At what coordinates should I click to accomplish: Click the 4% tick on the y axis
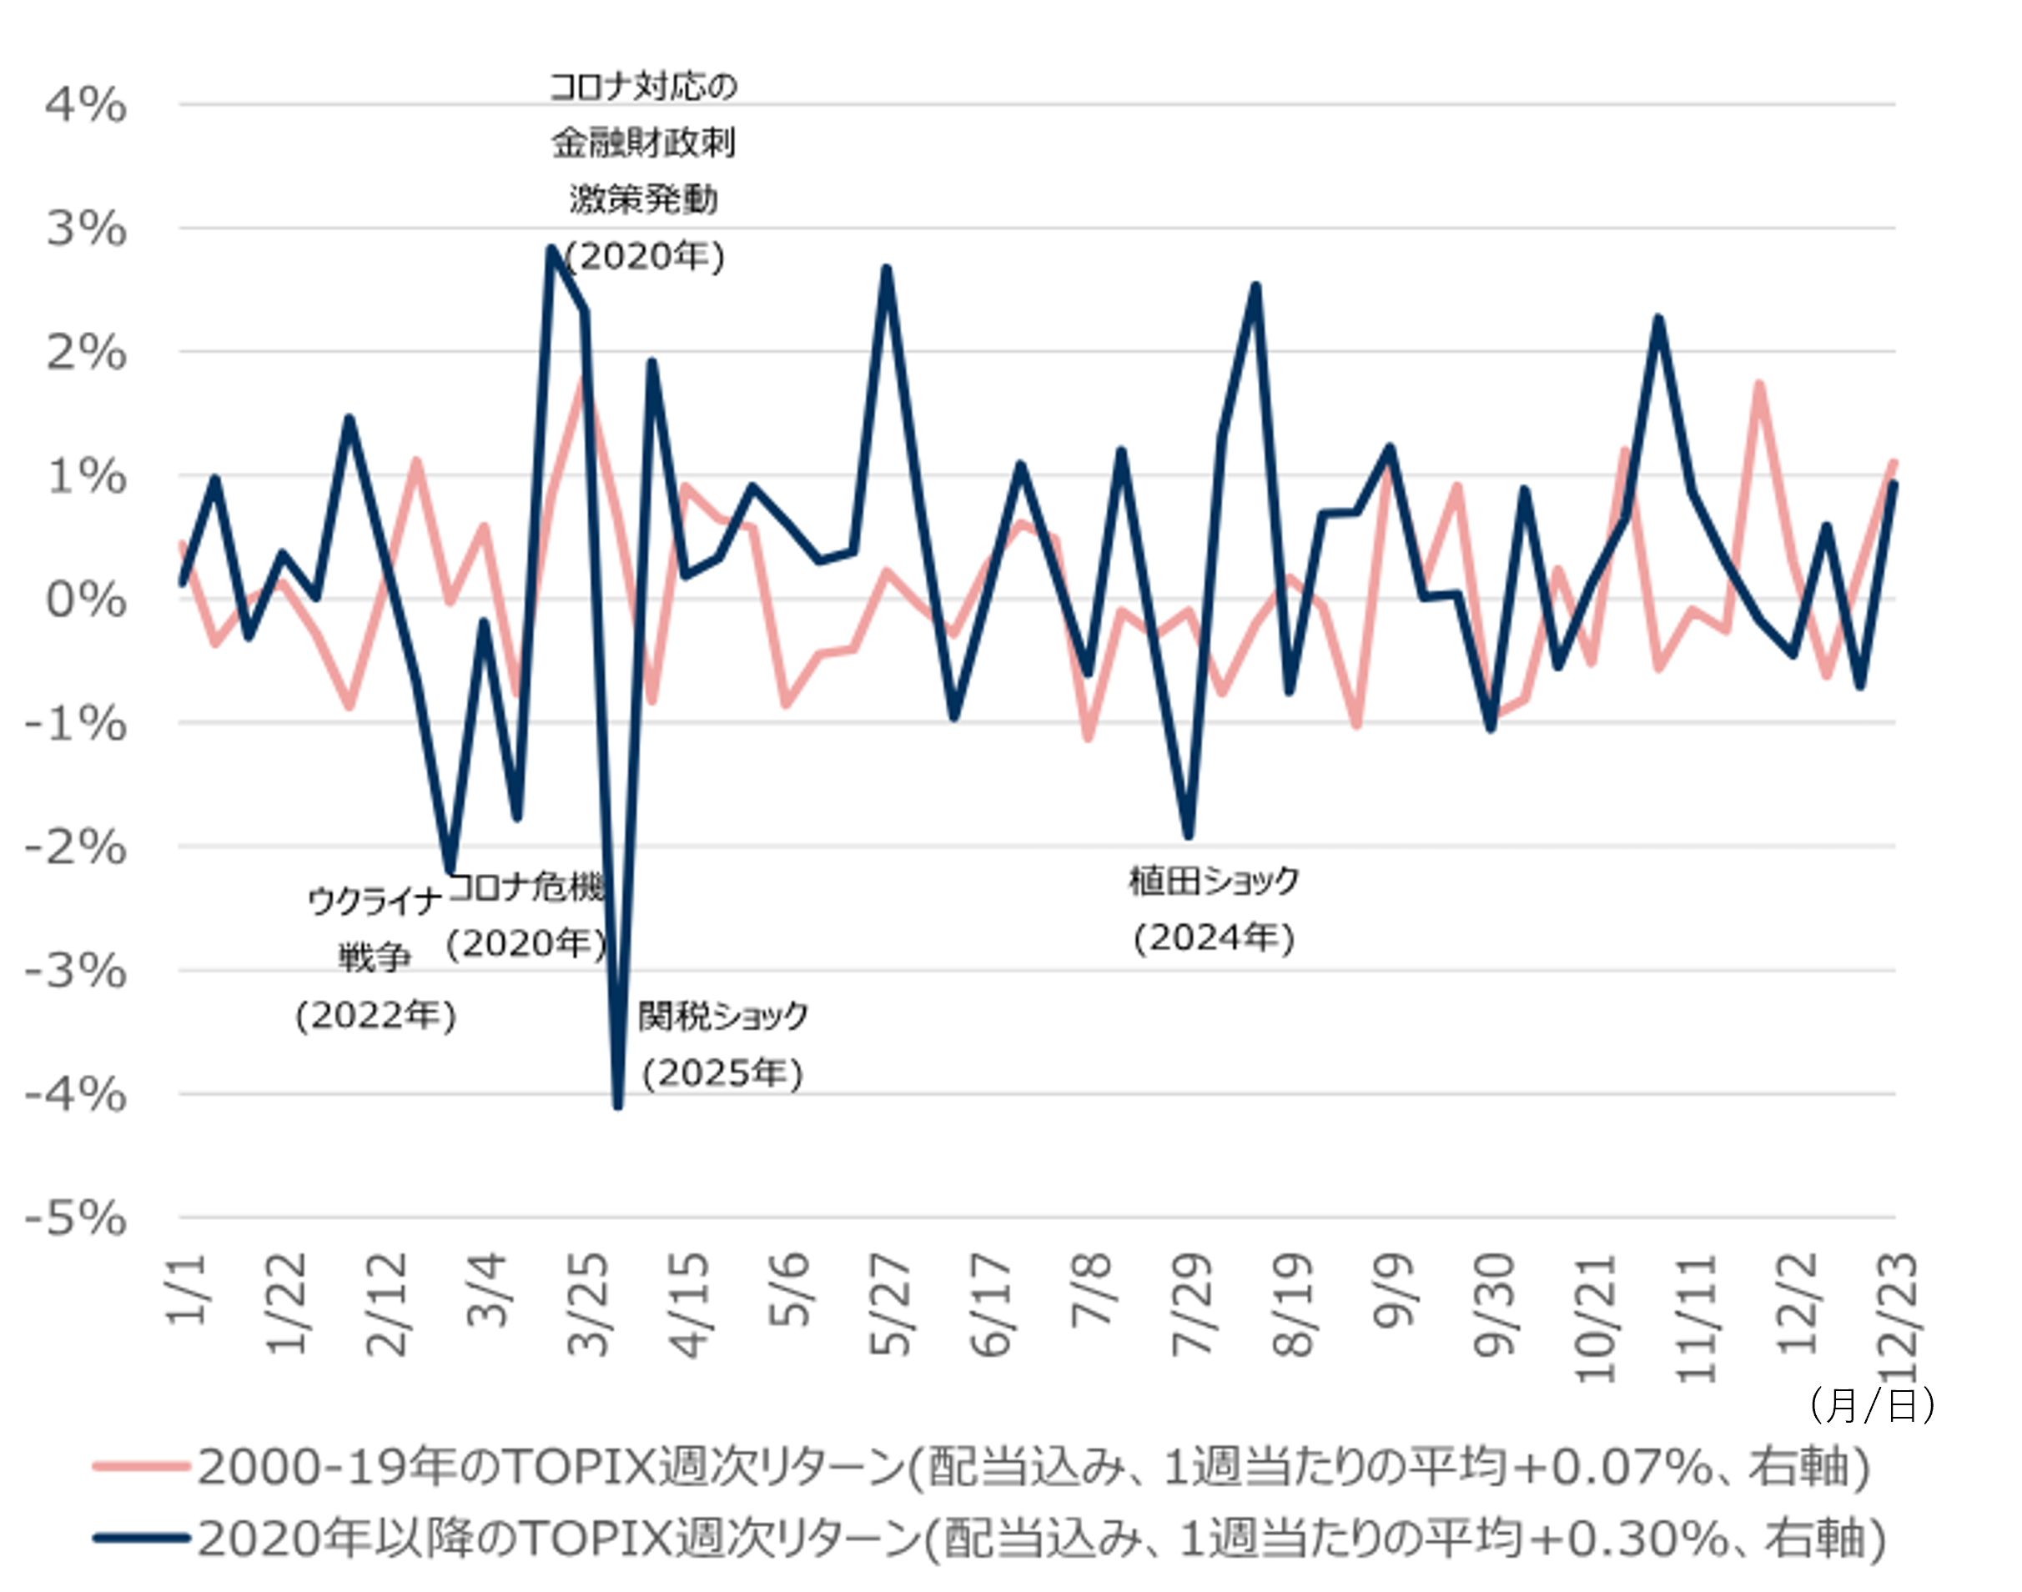pyautogui.click(x=85, y=105)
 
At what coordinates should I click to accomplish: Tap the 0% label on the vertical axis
pyautogui.click(x=85, y=600)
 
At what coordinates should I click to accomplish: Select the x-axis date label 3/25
pyautogui.click(x=588, y=1305)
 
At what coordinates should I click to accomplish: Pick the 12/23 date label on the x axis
pyautogui.click(x=1898, y=1317)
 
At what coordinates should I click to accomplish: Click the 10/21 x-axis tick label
pyautogui.click(x=1595, y=1317)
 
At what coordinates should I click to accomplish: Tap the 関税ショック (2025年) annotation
pyautogui.click(x=722, y=1045)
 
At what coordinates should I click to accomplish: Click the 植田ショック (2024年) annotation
pyautogui.click(x=1214, y=909)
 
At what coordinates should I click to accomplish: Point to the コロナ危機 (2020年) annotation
pyautogui.click(x=526, y=916)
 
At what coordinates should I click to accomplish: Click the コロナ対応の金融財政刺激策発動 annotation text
pyautogui.click(x=643, y=171)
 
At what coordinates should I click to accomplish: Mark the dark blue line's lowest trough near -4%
pyautogui.click(x=617, y=1107)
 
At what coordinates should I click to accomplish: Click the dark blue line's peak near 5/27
pyautogui.click(x=887, y=270)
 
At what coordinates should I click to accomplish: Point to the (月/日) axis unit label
pyautogui.click(x=1872, y=1404)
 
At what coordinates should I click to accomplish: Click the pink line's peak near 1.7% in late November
pyautogui.click(x=1758, y=383)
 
